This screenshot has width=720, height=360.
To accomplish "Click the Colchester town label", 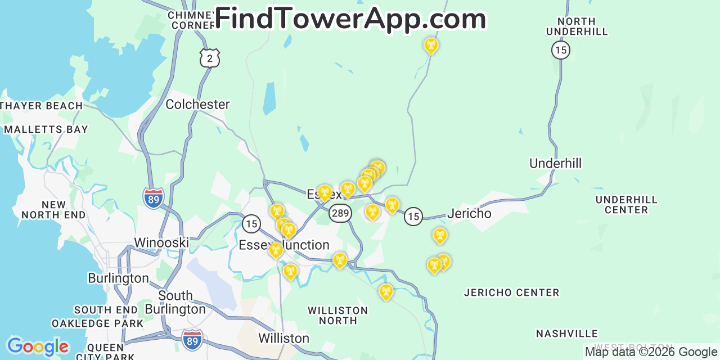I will tap(197, 105).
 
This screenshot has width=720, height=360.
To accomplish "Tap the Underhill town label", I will tap(555, 164).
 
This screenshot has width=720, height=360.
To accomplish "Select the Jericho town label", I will tap(469, 214).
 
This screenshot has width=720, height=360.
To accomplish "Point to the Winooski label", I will tap(161, 243).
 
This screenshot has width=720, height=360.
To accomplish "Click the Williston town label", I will tap(283, 339).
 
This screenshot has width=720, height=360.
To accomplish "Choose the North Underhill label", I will tap(577, 26).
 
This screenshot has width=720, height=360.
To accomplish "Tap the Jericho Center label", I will tap(511, 292).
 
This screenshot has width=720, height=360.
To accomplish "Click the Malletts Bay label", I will tap(46, 129).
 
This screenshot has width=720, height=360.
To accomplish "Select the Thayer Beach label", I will tap(42, 106).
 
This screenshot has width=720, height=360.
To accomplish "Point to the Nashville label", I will tap(566, 334).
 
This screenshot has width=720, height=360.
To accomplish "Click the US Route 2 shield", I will tap(209, 57).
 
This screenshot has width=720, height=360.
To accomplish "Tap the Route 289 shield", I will tap(340, 213).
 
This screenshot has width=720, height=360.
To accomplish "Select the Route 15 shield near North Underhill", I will tap(560, 50).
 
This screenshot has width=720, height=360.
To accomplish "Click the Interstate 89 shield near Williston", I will tap(192, 340).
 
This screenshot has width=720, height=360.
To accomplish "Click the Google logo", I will tap(37, 347).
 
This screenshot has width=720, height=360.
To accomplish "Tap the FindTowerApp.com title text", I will tap(350, 19).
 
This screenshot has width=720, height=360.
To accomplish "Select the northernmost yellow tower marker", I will tap(431, 45).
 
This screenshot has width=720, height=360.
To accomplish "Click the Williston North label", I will tap(337, 316).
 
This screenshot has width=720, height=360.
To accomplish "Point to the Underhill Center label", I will tap(626, 205).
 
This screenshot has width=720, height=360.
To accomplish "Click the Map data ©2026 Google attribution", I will tap(651, 352).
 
